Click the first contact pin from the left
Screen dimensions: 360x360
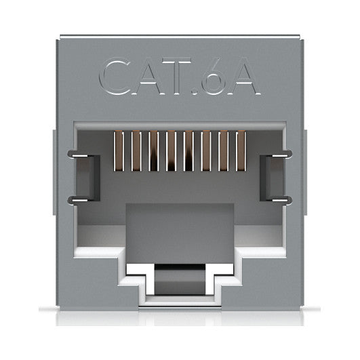(x=119, y=151)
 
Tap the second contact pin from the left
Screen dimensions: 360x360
(x=136, y=151)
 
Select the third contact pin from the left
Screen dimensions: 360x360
(x=154, y=151)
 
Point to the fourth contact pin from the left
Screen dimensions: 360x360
(x=172, y=151)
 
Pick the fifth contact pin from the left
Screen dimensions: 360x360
(x=188, y=151)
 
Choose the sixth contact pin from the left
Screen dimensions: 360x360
(x=206, y=151)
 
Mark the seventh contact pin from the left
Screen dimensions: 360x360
(x=224, y=151)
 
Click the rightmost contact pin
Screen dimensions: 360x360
(x=241, y=151)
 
